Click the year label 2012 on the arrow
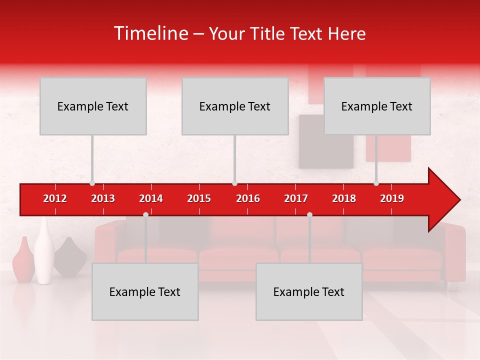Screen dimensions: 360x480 [55, 198]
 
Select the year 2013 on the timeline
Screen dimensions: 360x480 [103, 198]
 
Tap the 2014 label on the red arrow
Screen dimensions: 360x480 [151, 198]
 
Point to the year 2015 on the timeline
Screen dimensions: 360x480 [199, 198]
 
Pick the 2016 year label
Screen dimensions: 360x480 [248, 198]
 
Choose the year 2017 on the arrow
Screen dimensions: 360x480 [296, 198]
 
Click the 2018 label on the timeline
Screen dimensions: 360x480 [344, 198]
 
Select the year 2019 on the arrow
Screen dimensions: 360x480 [392, 198]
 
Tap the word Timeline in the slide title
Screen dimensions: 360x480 [150, 33]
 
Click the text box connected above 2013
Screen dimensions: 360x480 [93, 106]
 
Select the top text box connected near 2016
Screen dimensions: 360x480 [235, 106]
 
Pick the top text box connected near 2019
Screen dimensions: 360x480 [377, 106]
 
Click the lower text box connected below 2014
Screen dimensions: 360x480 [145, 291]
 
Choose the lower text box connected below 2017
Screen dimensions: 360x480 [309, 291]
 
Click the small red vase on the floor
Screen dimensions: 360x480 [23, 260]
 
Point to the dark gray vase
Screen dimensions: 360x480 [70, 257]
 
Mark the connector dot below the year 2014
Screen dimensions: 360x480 [145, 214]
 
